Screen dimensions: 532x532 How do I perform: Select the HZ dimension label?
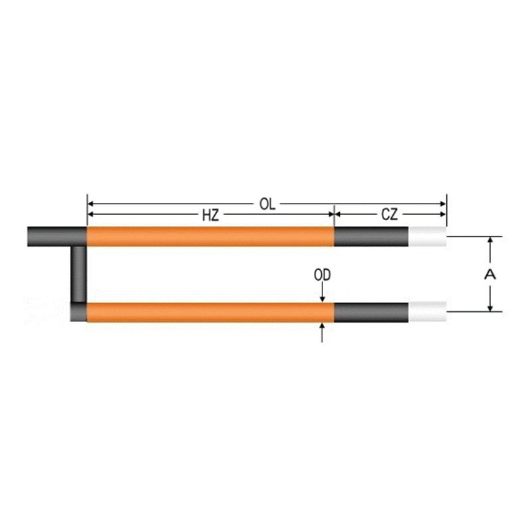[211, 215]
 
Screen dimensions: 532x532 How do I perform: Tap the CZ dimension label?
[390, 215]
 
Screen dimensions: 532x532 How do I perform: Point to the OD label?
[323, 274]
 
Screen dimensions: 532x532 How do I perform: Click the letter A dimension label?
[490, 274]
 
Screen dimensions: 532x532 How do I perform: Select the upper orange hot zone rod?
[210, 236]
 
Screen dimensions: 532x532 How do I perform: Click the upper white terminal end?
[427, 236]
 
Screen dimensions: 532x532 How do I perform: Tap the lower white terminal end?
[427, 311]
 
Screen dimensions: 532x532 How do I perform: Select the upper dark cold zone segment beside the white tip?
[371, 236]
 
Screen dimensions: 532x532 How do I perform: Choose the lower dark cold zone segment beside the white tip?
[371, 311]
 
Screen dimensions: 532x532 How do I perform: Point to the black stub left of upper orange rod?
[57, 236]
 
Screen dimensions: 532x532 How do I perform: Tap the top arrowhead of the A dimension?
[490, 241]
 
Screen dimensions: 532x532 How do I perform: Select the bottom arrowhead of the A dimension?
[490, 307]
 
